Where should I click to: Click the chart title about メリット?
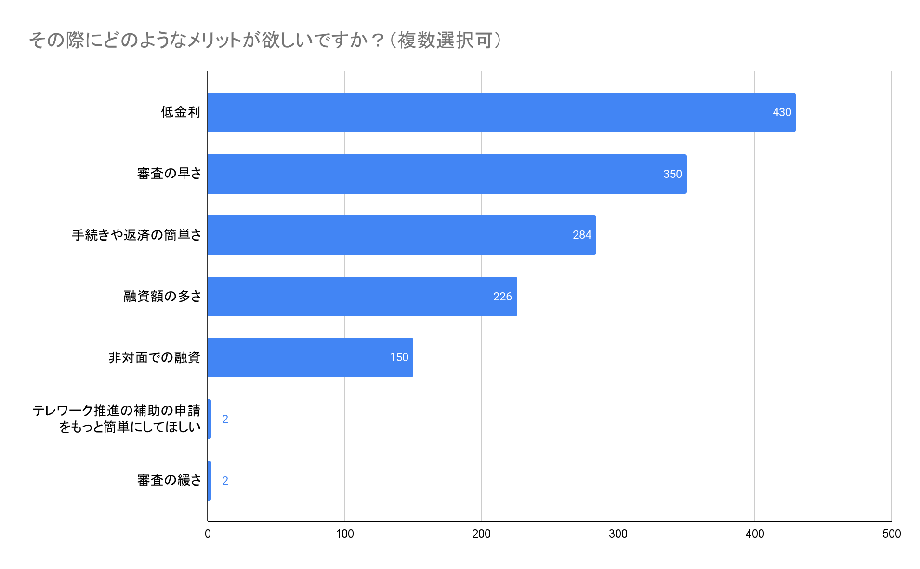265,40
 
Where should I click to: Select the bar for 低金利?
501,112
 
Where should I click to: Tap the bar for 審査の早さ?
447,174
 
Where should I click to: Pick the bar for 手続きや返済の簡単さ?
402,235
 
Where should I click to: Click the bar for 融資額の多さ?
362,297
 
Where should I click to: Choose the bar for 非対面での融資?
310,357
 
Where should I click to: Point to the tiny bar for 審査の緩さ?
209,481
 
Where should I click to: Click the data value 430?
781,112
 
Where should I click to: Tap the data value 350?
672,174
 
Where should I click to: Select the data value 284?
582,235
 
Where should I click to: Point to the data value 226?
502,297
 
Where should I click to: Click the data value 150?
399,357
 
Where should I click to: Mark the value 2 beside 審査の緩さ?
225,481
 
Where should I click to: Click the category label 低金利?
180,112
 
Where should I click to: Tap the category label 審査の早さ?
169,174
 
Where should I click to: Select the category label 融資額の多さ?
162,296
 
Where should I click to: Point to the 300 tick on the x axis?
618,534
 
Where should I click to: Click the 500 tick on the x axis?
891,534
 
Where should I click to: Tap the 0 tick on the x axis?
208,534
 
